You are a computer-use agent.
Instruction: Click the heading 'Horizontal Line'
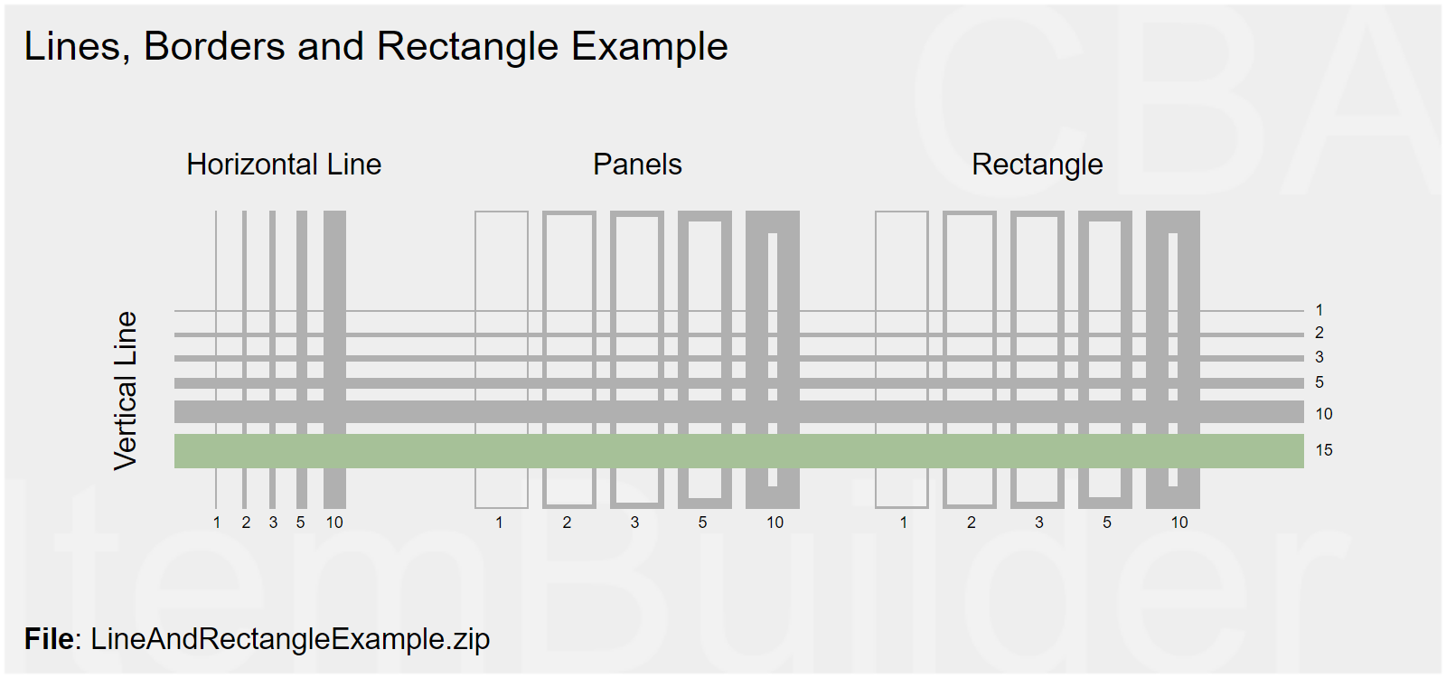pos(284,165)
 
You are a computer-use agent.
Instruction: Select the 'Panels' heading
pos(637,165)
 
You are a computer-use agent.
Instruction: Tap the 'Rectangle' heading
pos(1037,165)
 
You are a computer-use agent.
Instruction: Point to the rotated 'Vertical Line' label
pos(126,391)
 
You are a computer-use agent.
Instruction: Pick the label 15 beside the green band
pos(1324,450)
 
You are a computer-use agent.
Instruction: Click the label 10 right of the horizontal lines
pos(1324,414)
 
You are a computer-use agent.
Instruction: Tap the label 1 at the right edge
pos(1319,310)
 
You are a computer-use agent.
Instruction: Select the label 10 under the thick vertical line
pos(334,523)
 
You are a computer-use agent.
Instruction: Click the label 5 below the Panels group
pos(702,523)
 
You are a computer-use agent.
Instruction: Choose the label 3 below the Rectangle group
pos(1039,523)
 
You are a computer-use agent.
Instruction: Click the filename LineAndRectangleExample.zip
pos(290,639)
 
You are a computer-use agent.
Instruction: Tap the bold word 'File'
pos(49,639)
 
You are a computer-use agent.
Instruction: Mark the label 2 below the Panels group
pos(567,523)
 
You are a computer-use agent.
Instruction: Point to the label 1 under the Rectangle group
pos(903,523)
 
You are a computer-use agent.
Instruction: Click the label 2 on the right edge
pos(1319,334)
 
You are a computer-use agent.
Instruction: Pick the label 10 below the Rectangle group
pos(1179,523)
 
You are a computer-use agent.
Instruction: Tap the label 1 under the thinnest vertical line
pos(217,523)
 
